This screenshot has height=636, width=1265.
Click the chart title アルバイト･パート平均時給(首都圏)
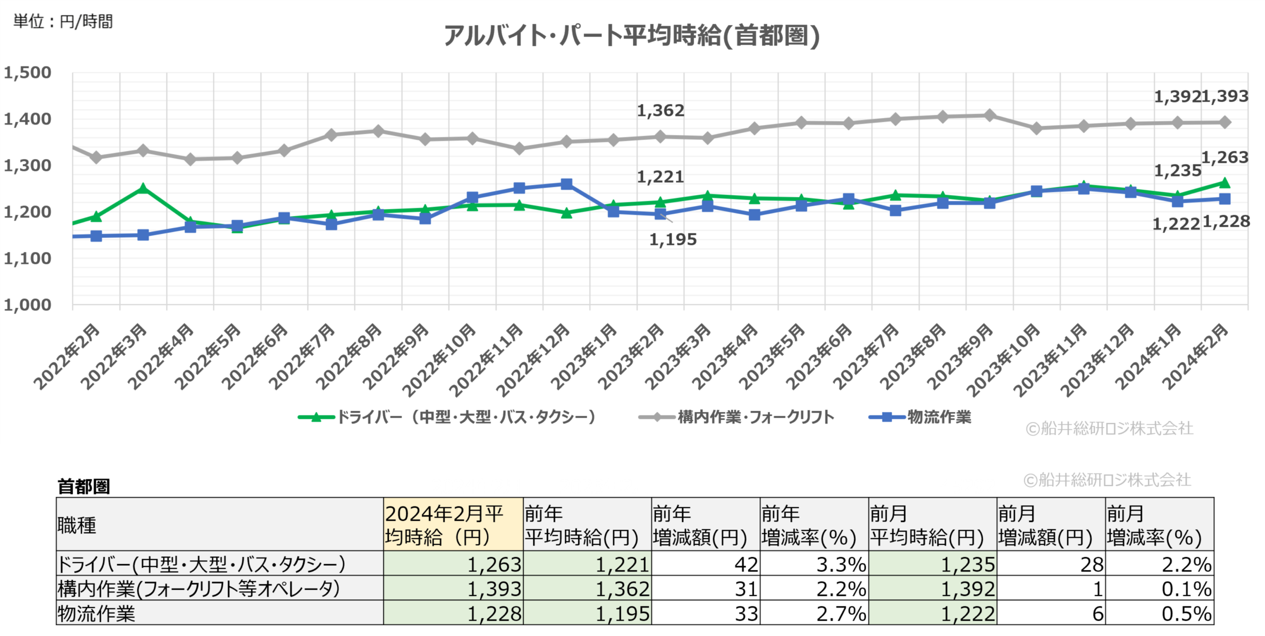[x=631, y=35]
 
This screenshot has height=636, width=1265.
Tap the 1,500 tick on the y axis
[x=28, y=73]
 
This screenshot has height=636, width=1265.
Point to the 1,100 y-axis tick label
[x=28, y=258]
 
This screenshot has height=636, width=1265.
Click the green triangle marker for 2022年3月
[x=143, y=188]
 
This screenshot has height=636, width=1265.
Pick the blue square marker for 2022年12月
[x=566, y=184]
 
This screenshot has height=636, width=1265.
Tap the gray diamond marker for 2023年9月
[x=989, y=115]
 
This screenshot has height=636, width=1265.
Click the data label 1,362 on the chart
[x=660, y=111]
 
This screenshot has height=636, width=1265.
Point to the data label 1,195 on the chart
[x=673, y=240]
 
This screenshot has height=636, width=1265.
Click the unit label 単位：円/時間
[x=63, y=21]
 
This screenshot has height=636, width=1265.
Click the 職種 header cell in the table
[x=77, y=525]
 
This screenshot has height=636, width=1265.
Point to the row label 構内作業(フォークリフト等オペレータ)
[x=199, y=589]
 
